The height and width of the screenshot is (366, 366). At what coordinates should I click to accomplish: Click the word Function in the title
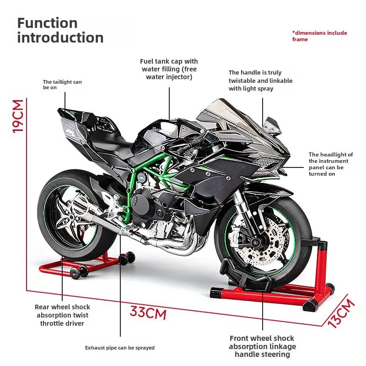pyautogui.click(x=48, y=23)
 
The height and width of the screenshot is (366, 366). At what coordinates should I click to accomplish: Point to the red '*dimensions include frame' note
pyautogui.click(x=319, y=36)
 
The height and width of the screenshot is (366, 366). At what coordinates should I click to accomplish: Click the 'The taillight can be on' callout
pyautogui.click(x=62, y=85)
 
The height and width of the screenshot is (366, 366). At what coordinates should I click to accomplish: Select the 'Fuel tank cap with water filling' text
pyautogui.click(x=169, y=69)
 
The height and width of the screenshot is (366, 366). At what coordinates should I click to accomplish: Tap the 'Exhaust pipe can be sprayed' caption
pyautogui.click(x=120, y=348)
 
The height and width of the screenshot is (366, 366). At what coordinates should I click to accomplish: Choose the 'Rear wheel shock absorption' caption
pyautogui.click(x=62, y=315)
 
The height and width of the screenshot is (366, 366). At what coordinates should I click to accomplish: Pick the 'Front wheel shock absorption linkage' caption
pyautogui.click(x=263, y=346)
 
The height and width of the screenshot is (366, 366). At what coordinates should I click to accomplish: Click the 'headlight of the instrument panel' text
pyautogui.click(x=330, y=164)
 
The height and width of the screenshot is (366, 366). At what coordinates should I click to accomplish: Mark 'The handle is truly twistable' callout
pyautogui.click(x=260, y=81)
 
